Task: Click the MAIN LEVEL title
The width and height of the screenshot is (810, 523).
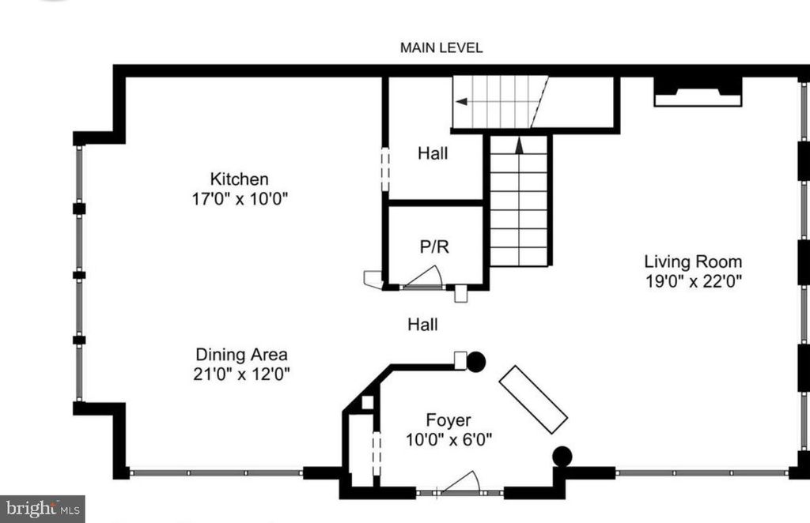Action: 441,48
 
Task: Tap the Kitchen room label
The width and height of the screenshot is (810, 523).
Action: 238,179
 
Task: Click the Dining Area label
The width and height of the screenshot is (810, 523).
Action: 241,355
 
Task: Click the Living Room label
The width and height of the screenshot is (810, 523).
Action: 692,261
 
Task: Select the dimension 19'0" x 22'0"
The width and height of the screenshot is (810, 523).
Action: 693,280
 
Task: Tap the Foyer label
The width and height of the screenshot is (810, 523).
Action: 448,420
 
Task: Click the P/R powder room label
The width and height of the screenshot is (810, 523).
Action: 434,246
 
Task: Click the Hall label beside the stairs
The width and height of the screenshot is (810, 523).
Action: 433,153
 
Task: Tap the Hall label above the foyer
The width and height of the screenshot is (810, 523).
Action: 422,324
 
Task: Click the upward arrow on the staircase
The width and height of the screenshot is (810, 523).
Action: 519,145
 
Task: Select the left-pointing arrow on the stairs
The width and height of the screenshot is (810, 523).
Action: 462,102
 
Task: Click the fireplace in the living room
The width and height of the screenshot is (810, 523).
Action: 697,92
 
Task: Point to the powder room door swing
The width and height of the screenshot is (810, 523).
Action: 426,276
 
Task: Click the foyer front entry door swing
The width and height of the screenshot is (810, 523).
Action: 464,482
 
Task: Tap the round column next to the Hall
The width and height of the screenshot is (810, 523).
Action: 475,362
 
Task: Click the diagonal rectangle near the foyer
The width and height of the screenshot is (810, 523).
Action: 533,399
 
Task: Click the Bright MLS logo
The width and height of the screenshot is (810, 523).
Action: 42,508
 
